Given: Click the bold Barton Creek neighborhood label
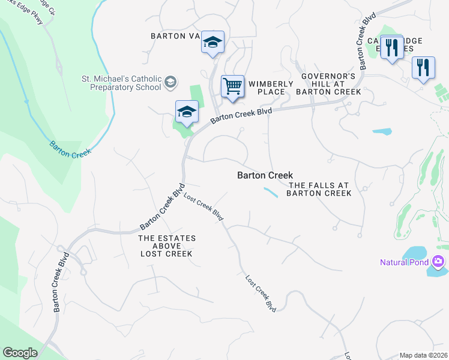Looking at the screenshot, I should [x=265, y=175].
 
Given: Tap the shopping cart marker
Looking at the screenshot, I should [x=232, y=86].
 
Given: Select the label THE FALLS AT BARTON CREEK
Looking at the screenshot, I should [x=319, y=189].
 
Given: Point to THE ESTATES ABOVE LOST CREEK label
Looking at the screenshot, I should [x=166, y=246].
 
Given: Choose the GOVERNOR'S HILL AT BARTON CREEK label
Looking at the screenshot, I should [x=328, y=84].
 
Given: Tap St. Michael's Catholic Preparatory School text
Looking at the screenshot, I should [x=122, y=83].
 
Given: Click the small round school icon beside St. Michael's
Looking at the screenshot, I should [x=170, y=82].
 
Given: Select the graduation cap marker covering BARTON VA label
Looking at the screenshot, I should [x=212, y=43].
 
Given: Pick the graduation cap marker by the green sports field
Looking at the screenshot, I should [x=187, y=112].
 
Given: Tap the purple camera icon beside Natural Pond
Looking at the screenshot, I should [x=438, y=262].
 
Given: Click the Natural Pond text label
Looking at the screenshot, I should [x=404, y=262].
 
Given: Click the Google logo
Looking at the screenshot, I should [x=20, y=353].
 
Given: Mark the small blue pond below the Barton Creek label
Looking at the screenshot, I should [x=271, y=192].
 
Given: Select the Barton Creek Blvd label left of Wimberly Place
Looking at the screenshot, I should [x=241, y=116].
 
